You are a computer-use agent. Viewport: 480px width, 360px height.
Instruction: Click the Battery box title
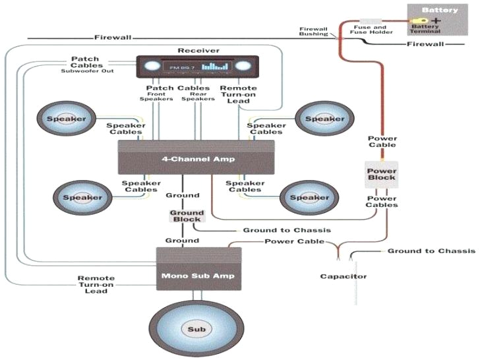(x=439, y=11)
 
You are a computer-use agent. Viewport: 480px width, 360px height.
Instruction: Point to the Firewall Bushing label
(x=313, y=32)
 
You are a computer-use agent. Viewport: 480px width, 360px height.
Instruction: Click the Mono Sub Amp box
(x=198, y=268)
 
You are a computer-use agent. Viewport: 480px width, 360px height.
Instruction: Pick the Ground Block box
(x=187, y=216)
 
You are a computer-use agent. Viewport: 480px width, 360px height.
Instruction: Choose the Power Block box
(x=381, y=173)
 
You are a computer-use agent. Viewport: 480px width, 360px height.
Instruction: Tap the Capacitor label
(x=343, y=276)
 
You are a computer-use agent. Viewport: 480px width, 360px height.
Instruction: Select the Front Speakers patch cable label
(x=156, y=96)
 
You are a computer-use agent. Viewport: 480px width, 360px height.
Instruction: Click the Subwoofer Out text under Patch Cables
(x=88, y=71)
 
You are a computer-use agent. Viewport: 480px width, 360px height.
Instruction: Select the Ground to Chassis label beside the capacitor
(x=431, y=251)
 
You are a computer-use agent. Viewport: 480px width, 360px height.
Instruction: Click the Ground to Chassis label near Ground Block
(x=286, y=230)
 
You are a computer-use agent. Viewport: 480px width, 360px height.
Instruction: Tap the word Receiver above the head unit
(x=198, y=51)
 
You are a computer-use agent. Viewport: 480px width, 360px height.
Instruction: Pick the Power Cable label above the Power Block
(x=382, y=142)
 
